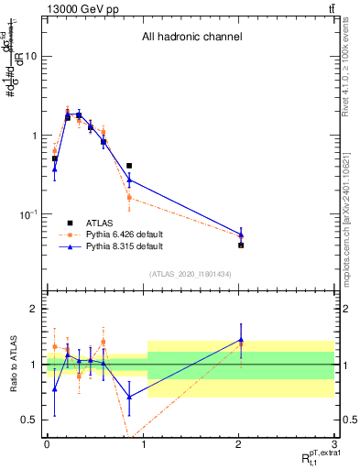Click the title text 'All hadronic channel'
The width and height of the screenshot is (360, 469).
pos(191,38)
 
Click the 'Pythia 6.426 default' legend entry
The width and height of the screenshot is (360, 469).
pos(125,234)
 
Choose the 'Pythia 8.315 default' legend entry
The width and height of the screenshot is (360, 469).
pos(125,246)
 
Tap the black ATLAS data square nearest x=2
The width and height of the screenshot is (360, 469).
pos(241,245)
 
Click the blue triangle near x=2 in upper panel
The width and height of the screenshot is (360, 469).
pos(241,235)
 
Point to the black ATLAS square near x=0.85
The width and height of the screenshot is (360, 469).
pos(129,166)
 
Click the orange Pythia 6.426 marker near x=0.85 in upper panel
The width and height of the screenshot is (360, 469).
pos(129,197)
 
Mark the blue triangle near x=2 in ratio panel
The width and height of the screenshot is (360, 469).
pos(241,340)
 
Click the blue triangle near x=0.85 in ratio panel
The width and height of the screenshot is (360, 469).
pos(129,397)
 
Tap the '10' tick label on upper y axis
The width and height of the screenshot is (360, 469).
pos(29,56)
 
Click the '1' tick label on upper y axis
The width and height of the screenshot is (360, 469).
pos(33,136)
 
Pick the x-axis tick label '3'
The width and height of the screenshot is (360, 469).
pos(335,442)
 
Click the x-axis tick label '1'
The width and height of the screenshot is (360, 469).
pos(143,442)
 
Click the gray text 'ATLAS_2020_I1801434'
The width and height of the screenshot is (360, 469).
pos(191,274)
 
